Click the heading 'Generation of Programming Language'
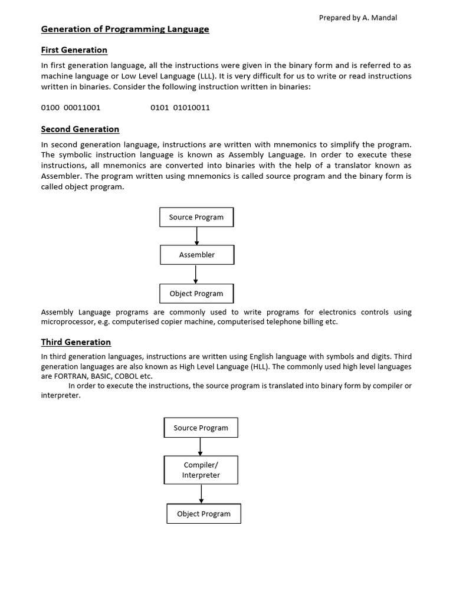[125, 29]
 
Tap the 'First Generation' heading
[74, 50]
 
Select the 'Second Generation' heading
[80, 129]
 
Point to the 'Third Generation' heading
[76, 342]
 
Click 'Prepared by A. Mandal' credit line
[358, 18]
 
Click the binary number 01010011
[191, 108]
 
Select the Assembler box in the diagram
[197, 255]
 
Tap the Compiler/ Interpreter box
[201, 470]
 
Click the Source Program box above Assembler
[196, 217]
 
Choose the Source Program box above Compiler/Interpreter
[201, 428]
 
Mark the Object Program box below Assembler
[196, 293]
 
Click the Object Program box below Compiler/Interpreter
[203, 514]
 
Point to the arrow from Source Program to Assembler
[197, 236]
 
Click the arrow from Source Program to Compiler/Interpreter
[201, 447]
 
